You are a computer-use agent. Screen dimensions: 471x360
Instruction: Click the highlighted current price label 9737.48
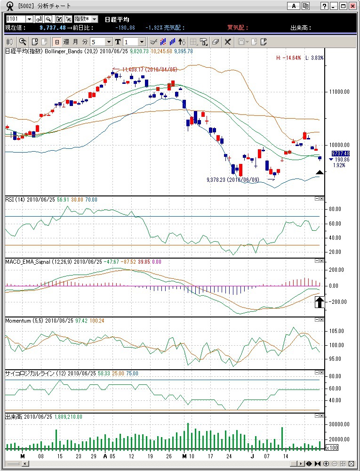(340, 154)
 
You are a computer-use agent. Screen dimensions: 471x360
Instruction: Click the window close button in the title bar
(352, 6)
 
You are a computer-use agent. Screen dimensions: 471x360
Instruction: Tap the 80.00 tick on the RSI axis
(335, 209)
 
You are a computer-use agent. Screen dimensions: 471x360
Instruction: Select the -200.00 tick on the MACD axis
(337, 301)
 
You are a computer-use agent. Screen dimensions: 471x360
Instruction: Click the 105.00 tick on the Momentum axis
(336, 331)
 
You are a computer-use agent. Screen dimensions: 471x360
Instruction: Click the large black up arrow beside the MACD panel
(320, 302)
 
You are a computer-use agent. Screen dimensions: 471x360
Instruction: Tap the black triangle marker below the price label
(320, 173)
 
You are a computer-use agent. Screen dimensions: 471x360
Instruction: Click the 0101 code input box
(16, 19)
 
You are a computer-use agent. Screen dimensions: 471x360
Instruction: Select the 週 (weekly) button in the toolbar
(66, 41)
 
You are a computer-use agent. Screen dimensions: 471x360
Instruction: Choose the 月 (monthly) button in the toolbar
(75, 41)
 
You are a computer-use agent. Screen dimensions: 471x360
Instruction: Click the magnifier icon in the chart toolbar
(22, 41)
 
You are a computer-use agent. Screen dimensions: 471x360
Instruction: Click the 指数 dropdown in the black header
(86, 19)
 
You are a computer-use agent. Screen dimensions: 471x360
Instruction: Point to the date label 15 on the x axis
(59, 456)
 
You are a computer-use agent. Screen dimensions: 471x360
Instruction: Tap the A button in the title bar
(294, 6)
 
